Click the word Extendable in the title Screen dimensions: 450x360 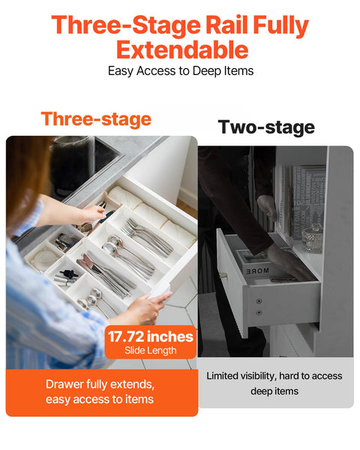click(182, 49)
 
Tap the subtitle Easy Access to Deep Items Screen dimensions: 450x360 click(181, 71)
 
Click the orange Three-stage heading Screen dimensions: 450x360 click(96, 118)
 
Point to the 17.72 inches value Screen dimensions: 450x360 click(149, 337)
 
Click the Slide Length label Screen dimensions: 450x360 click(149, 351)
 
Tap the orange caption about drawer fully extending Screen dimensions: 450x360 click(100, 391)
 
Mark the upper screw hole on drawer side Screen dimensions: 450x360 click(259, 301)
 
